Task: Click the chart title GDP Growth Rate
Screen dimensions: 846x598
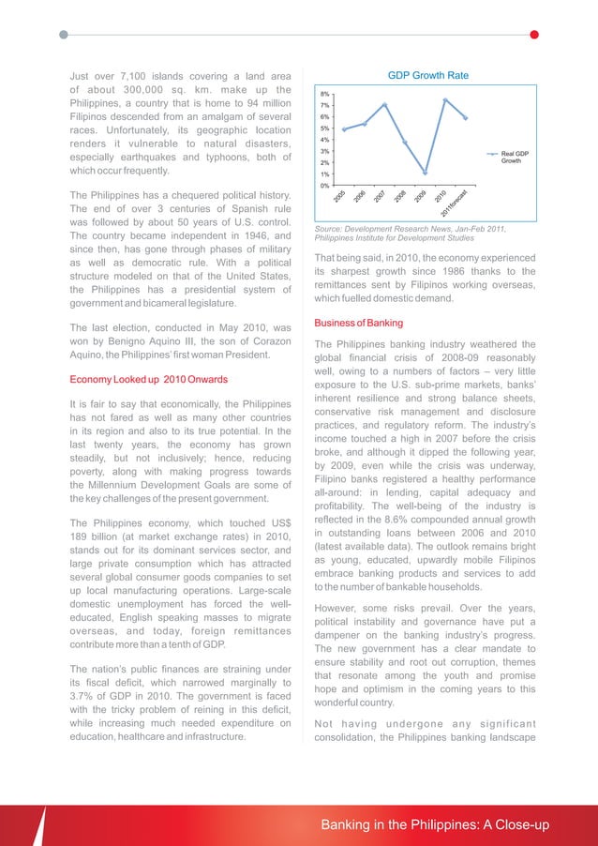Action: coord(427,75)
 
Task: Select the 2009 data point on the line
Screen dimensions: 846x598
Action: coord(425,173)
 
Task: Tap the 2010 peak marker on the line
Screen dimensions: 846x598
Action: coord(445,100)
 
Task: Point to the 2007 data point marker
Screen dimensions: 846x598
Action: coord(384,105)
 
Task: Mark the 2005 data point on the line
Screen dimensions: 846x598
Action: coord(344,129)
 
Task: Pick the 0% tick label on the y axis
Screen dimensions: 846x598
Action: coord(323,186)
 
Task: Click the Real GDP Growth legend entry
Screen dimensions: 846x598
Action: coord(515,157)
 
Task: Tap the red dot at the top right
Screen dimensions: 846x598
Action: coord(534,35)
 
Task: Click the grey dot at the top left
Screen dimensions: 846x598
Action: coord(63,35)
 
